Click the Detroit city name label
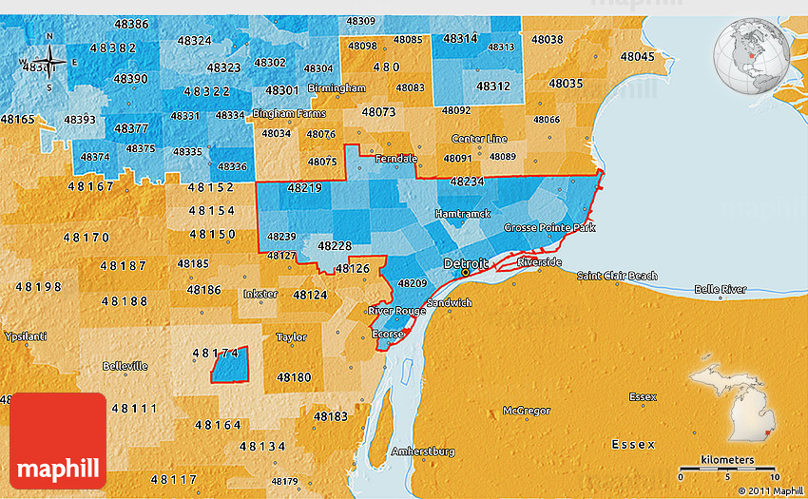click(466, 262)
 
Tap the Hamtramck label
click(462, 215)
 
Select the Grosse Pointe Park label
click(549, 228)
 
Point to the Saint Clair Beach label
click(617, 277)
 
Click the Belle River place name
click(720, 289)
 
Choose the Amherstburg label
click(422, 451)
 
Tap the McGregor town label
click(527, 411)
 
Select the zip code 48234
click(467, 181)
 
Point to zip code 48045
click(637, 56)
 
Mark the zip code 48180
click(293, 377)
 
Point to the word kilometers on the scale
click(728, 460)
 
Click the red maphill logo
click(58, 441)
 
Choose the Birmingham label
click(337, 88)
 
